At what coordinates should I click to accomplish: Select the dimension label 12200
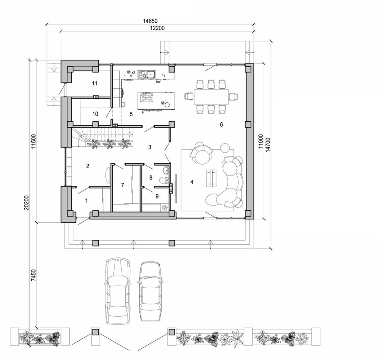coord(158,28)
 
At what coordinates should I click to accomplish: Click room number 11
coord(95,83)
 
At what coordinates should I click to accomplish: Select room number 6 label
coord(221,124)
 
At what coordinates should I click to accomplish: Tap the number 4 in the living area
coord(192,182)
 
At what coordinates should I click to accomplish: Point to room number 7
coord(122,185)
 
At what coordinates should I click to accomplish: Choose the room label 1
coord(86,200)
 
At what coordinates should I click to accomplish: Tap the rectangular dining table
coord(211,97)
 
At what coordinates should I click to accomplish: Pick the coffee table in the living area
coord(212,177)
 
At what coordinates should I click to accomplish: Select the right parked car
coord(150,291)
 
